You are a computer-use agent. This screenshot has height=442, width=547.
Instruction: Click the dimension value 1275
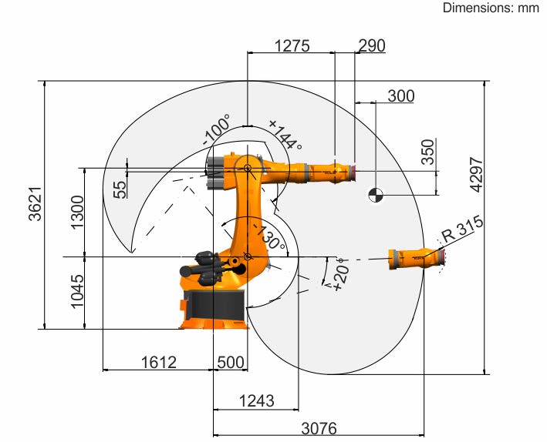(292, 45)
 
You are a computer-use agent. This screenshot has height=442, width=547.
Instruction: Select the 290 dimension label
(372, 45)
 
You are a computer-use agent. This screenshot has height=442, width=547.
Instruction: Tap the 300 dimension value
(401, 95)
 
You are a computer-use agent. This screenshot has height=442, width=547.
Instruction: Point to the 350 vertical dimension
(428, 152)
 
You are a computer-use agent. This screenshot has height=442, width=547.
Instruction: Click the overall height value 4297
(477, 175)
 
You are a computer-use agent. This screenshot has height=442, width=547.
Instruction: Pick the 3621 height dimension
(35, 204)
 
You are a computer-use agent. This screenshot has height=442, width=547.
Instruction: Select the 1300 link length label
(77, 212)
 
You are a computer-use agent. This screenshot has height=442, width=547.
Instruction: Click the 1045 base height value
(77, 291)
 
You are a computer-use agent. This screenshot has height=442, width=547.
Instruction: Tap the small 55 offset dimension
(120, 190)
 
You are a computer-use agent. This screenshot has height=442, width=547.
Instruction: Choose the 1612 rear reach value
(159, 362)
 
